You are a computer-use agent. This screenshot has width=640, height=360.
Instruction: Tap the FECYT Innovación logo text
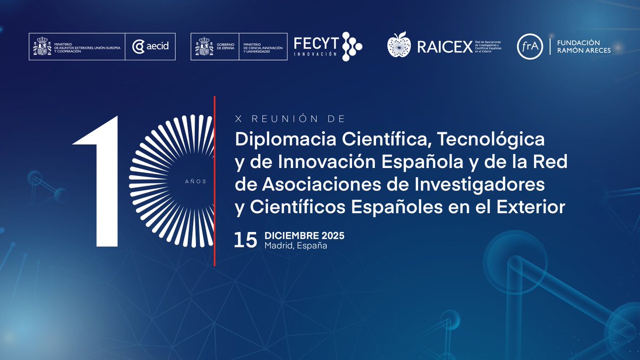(316, 46)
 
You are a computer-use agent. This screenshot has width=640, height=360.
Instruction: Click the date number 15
(245, 240)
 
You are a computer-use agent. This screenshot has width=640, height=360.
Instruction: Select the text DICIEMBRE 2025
(305, 236)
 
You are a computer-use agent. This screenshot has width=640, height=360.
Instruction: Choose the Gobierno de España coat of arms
(203, 46)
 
